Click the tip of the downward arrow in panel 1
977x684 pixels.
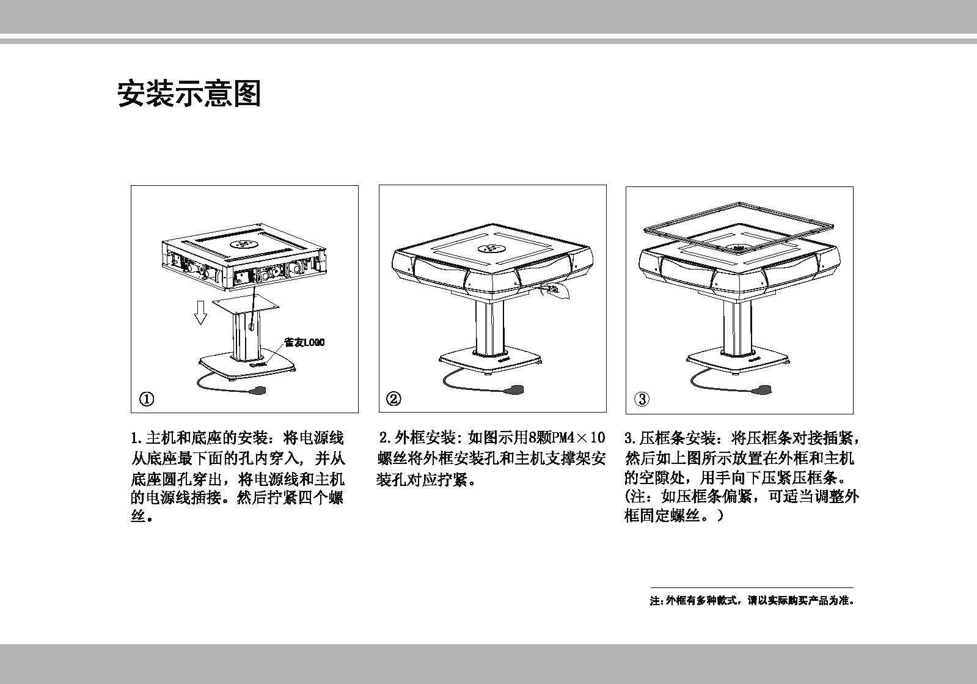tap(200, 325)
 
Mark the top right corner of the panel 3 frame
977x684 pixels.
tap(853, 186)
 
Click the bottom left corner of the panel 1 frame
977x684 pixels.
tap(131, 413)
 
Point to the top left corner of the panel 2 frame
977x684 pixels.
tap(379, 185)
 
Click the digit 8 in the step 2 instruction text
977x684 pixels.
tap(533, 437)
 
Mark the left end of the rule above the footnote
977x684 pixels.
tap(651, 587)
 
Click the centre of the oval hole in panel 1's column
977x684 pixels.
tap(251, 326)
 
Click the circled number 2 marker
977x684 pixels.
tap(394, 399)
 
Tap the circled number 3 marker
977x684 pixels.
tap(642, 399)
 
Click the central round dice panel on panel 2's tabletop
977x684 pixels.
tap(491, 249)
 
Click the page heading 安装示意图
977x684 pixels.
tap(189, 94)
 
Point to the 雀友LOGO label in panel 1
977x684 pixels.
tap(304, 342)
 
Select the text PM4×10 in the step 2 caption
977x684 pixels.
tap(578, 437)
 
